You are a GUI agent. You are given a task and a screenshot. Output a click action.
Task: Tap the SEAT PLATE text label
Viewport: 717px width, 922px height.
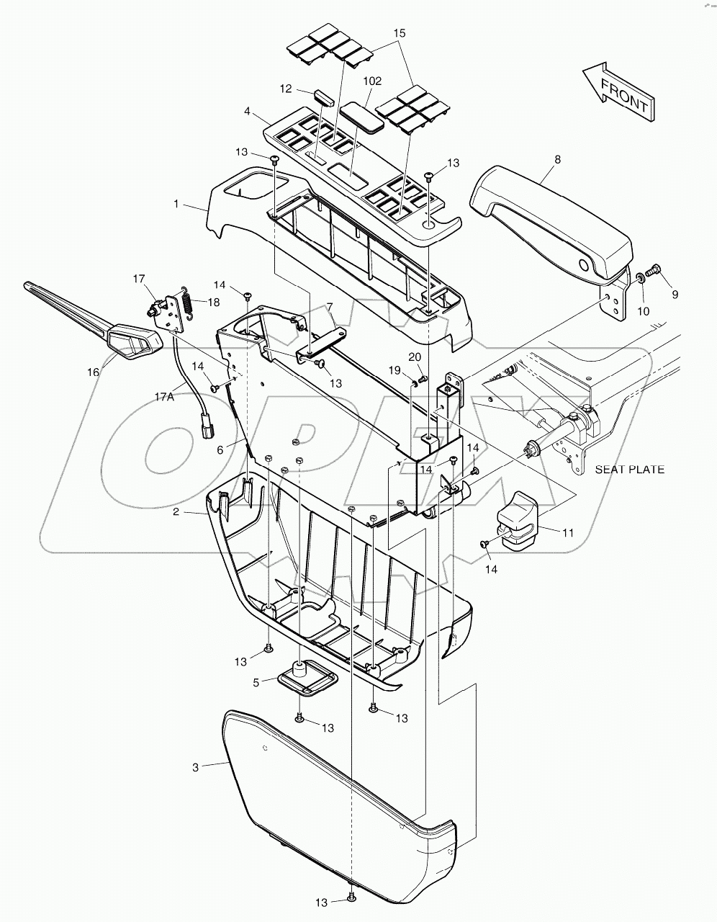coord(629,470)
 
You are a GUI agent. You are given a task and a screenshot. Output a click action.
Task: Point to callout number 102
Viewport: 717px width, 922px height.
coord(372,81)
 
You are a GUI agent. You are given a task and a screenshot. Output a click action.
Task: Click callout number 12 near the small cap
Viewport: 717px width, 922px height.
coord(286,89)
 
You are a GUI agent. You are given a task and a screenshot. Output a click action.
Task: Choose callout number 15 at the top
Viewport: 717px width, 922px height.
coord(400,33)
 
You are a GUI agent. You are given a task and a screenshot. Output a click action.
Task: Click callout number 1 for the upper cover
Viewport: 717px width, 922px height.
coord(176,205)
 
